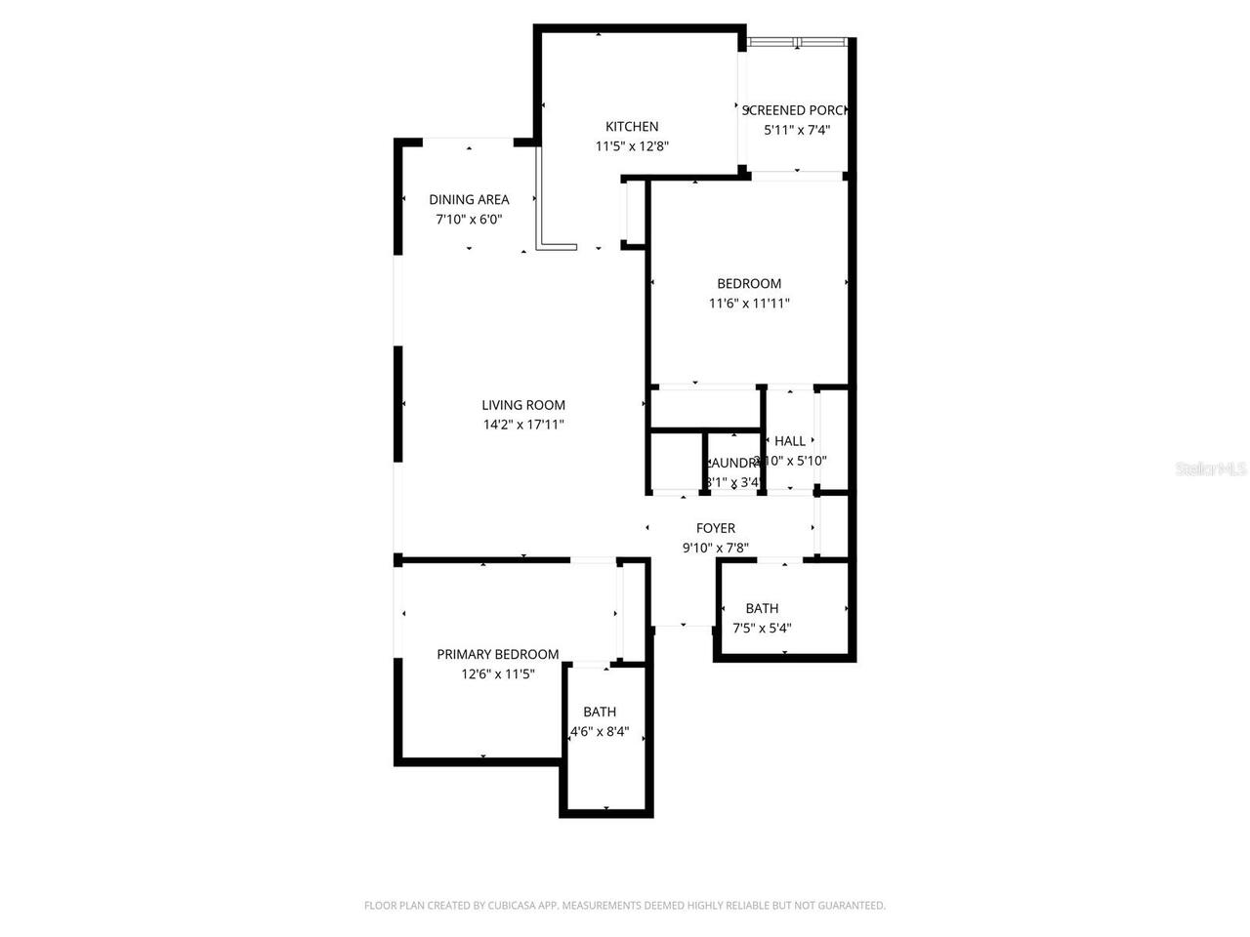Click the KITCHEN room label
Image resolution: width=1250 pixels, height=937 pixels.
click(x=632, y=126)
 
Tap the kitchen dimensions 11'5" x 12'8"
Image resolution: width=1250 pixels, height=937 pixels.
click(x=632, y=146)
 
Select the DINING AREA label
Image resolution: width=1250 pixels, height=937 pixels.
click(x=469, y=199)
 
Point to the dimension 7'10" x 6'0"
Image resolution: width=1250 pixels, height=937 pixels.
click(x=469, y=220)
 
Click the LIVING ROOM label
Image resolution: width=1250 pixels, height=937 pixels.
click(x=523, y=405)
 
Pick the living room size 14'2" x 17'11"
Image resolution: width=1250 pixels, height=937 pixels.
click(x=523, y=425)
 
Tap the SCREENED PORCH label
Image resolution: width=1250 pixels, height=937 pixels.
click(x=795, y=110)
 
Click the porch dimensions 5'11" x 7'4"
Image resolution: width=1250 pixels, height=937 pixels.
click(x=797, y=130)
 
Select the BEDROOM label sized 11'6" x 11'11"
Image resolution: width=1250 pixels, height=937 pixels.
click(x=749, y=283)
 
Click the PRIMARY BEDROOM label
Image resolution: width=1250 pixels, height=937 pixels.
click(x=497, y=654)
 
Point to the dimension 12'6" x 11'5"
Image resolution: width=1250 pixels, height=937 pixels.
click(x=498, y=673)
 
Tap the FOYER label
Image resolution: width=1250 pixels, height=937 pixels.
click(x=715, y=528)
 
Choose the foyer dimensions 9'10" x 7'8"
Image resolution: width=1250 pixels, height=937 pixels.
click(x=715, y=548)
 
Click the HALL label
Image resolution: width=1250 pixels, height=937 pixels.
click(x=790, y=441)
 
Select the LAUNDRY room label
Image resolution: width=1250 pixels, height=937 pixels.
click(x=732, y=463)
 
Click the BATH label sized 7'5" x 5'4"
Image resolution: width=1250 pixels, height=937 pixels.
click(x=762, y=608)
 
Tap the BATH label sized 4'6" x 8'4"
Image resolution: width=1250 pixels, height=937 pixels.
click(x=600, y=712)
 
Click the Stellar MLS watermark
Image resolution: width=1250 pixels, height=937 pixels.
click(x=1211, y=469)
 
